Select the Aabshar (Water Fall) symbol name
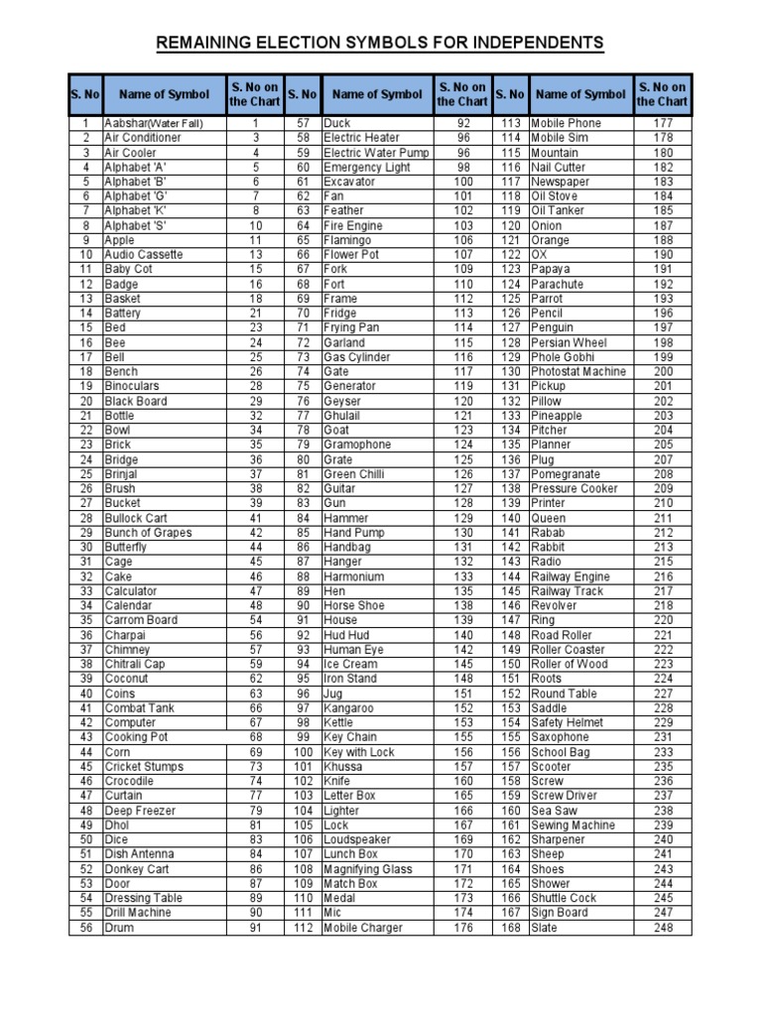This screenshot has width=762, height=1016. coord(153,123)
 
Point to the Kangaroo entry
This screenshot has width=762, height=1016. coord(348,708)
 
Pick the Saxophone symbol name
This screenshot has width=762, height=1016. coord(561,737)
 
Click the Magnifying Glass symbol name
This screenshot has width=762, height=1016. coord(367,869)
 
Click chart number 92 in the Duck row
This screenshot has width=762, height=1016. coord(462,123)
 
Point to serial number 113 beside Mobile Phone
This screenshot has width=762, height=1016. coord(511,123)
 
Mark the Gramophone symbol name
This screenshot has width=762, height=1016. coord(357,444)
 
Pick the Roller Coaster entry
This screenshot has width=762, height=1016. coord(569,650)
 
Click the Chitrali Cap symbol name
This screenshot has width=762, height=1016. coord(135,665)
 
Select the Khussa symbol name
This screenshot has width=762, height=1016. coord(343,767)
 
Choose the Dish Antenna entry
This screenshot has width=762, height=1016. coord(139,854)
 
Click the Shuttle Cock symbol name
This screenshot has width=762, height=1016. coord(564,898)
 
